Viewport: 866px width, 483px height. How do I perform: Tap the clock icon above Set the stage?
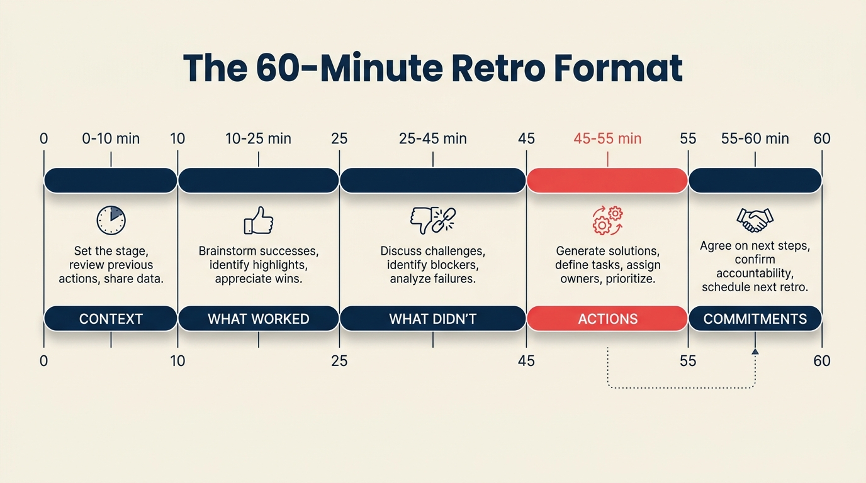111,221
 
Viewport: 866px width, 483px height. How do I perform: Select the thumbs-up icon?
258,221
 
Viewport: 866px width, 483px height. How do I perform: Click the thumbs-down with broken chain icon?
432,220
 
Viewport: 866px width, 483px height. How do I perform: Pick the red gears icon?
607,221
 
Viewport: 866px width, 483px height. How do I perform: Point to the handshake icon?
755,219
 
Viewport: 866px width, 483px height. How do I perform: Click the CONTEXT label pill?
111,319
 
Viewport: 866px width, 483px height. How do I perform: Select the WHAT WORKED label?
258,319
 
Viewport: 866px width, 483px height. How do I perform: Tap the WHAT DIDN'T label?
432,319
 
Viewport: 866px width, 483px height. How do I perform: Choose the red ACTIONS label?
607,319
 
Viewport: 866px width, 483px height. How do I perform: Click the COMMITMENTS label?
755,319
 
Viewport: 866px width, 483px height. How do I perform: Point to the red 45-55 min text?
607,138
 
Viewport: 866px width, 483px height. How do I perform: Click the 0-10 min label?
111,138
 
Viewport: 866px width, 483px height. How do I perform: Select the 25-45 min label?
432,138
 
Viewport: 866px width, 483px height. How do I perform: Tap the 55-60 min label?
755,138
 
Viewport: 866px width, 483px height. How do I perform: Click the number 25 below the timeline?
339,361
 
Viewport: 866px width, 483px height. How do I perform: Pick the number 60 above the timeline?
821,138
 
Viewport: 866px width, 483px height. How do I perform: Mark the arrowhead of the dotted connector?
755,352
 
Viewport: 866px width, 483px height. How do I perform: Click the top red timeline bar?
607,180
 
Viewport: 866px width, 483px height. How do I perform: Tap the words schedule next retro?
755,287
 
